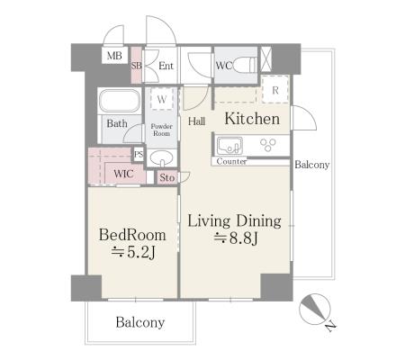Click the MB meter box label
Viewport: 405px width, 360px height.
(x=114, y=56)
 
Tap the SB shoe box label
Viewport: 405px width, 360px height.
(x=136, y=66)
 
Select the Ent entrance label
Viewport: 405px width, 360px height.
(x=166, y=66)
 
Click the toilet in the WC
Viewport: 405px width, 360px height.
(x=245, y=65)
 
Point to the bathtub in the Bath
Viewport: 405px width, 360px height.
(x=120, y=101)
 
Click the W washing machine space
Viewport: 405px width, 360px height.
(x=162, y=99)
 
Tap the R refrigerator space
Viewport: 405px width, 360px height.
(x=275, y=89)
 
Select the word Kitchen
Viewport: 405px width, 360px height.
(x=252, y=119)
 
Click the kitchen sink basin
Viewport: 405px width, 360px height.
(x=229, y=146)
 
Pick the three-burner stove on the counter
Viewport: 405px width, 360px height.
(x=268, y=145)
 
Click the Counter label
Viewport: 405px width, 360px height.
(x=231, y=161)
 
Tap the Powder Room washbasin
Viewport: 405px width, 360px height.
(x=161, y=157)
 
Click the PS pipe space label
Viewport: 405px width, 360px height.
(x=139, y=155)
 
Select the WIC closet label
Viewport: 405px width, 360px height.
(x=123, y=174)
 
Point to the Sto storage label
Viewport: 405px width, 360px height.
(x=166, y=177)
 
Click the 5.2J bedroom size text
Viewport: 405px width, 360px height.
(x=133, y=253)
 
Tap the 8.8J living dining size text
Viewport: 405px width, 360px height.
(x=236, y=238)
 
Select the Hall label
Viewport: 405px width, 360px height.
(x=197, y=121)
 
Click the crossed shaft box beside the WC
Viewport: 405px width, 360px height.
(x=265, y=58)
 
